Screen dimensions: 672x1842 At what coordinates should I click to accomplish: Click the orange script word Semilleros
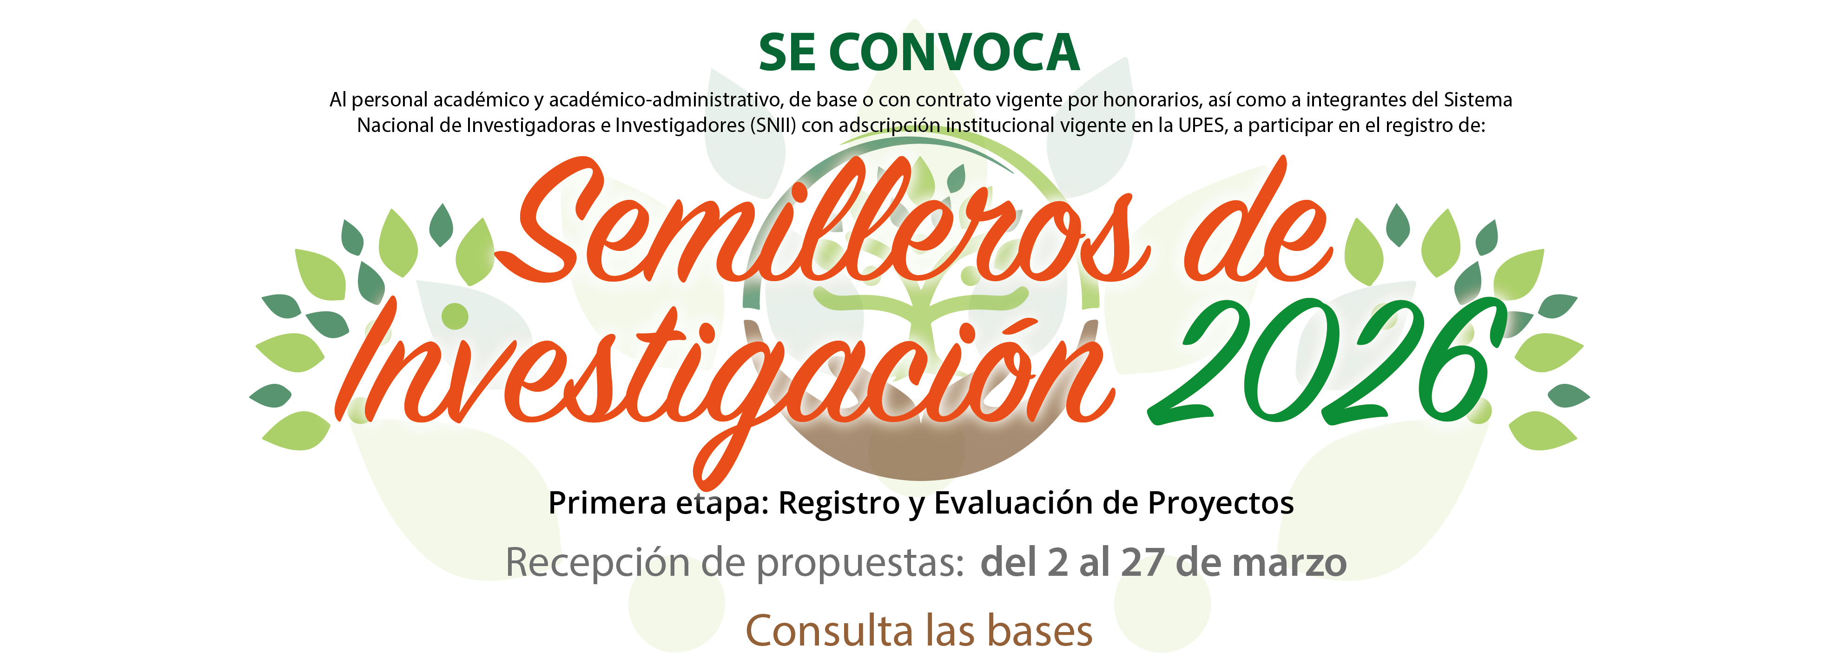coord(822,229)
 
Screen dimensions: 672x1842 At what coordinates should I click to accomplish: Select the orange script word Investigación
coord(722,372)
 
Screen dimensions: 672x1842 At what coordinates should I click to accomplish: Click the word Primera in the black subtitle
coord(607,503)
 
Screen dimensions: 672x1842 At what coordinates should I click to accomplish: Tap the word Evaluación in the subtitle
coord(1014,503)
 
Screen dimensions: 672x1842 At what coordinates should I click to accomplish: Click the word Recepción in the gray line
coord(599,563)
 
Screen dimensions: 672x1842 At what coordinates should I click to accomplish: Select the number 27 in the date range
coord(1142,563)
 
